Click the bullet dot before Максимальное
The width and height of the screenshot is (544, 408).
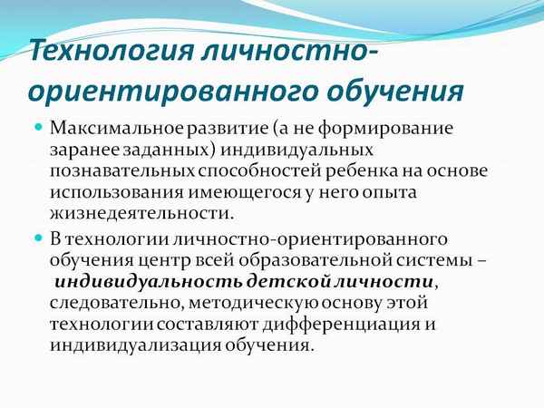click(38, 127)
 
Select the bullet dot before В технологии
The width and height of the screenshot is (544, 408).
click(38, 238)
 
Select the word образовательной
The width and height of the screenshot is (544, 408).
click(296, 261)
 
